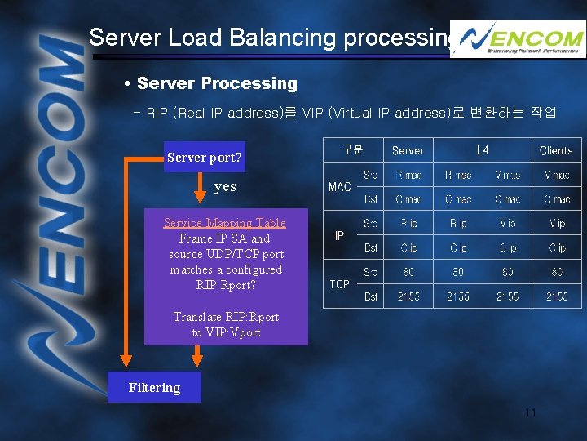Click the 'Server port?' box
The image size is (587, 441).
tap(204, 157)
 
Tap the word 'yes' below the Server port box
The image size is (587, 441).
tap(225, 187)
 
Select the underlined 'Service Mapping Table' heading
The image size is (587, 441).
tap(225, 223)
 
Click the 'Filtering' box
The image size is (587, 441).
tap(154, 388)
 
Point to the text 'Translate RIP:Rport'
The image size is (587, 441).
tap(226, 317)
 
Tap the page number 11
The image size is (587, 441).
tap(530, 413)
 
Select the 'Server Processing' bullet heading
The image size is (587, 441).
tap(216, 83)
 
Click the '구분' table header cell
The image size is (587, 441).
tap(352, 149)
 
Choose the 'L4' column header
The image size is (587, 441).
tap(483, 150)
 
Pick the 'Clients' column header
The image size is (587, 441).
tap(556, 150)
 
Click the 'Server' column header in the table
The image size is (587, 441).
tap(408, 150)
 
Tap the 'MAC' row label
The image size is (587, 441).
tap(340, 187)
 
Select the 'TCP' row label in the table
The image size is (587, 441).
tap(340, 284)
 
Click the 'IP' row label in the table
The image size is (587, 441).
tap(340, 235)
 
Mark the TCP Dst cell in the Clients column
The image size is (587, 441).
tap(557, 296)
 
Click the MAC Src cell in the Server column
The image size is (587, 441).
tap(408, 175)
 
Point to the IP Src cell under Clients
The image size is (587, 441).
tap(557, 223)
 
